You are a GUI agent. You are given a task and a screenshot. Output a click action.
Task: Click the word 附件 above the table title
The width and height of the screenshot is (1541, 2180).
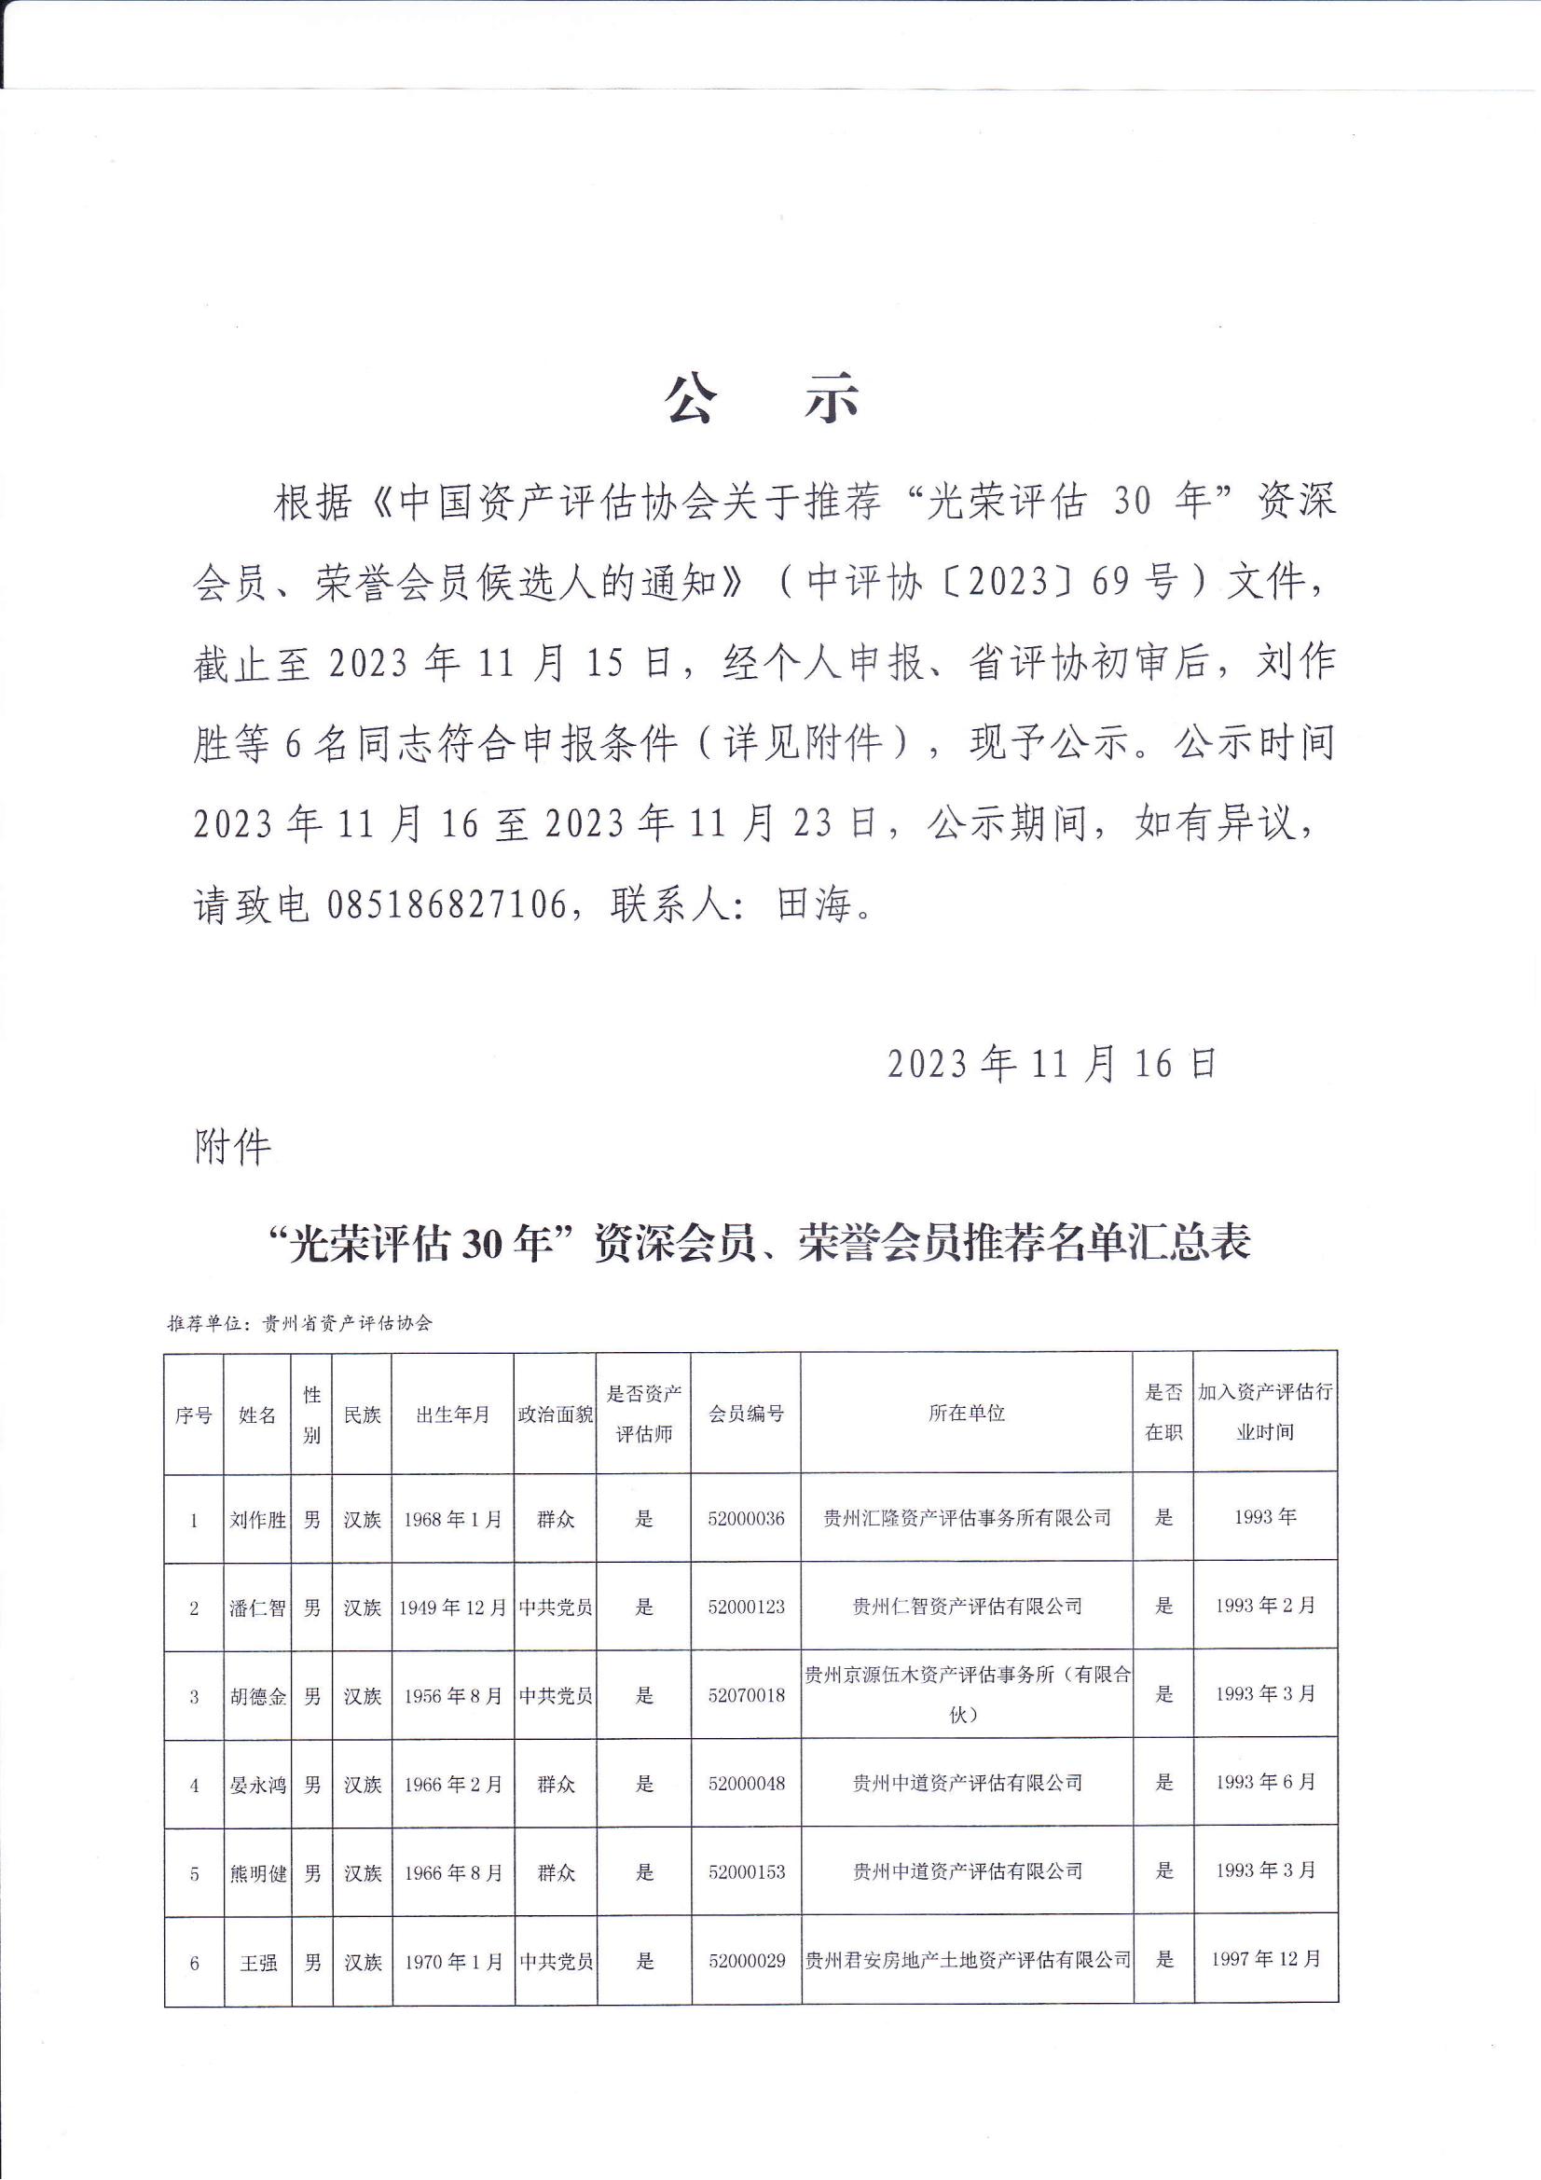(233, 1148)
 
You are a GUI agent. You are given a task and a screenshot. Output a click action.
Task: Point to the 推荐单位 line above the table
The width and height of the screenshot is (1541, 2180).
(300, 1322)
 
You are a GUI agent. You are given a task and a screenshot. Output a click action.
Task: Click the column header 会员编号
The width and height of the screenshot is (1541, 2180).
(747, 1414)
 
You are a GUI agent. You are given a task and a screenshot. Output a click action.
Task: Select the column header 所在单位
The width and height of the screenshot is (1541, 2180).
(966, 1414)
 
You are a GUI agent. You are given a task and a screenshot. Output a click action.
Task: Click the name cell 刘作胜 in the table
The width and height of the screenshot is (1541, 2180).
(257, 1520)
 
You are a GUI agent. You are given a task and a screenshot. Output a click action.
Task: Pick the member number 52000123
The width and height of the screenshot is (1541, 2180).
(747, 1607)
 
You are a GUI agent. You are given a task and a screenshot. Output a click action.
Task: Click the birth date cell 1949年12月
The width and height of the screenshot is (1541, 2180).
(453, 1608)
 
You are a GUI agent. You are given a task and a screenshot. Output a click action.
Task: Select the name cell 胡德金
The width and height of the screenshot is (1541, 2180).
(257, 1697)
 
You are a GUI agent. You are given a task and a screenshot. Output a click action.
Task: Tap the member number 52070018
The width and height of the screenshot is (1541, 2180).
(747, 1696)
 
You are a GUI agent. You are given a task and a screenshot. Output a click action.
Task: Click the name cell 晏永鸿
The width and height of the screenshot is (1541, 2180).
(257, 1785)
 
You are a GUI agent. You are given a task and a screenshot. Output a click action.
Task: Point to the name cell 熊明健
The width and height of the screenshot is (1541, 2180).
(257, 1873)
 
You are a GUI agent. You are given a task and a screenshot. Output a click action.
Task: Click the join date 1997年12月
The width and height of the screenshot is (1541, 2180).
(1266, 1959)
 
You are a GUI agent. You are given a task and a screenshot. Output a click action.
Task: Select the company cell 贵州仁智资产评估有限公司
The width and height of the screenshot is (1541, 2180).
(967, 1607)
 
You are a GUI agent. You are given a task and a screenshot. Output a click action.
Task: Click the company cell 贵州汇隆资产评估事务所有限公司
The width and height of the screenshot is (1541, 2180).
(967, 1518)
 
